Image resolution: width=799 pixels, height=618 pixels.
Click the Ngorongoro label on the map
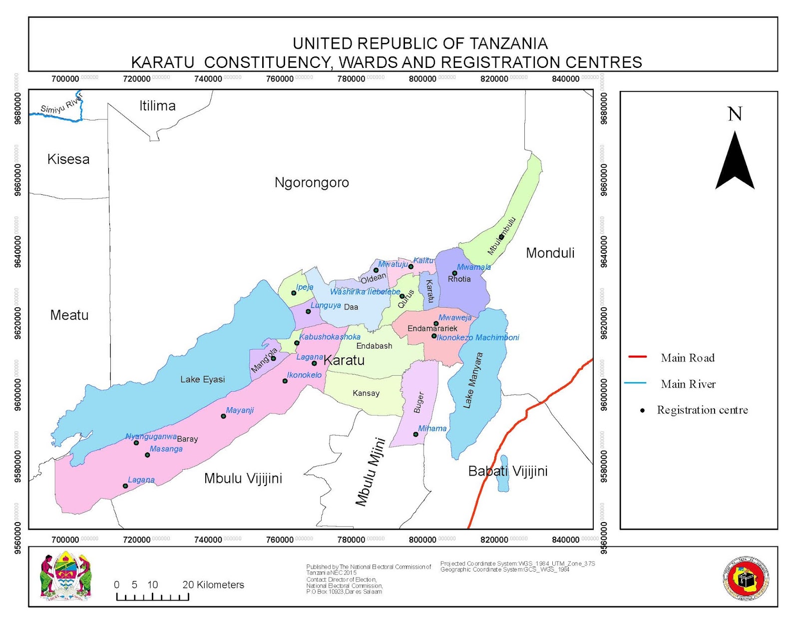click(x=312, y=183)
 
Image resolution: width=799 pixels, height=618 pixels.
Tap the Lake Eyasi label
click(x=202, y=380)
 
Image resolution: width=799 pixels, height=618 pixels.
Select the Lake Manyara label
click(x=473, y=381)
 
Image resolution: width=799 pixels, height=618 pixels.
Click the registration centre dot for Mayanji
click(x=223, y=416)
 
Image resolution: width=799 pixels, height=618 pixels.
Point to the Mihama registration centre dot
click(x=415, y=434)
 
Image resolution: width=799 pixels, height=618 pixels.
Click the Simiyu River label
click(x=61, y=104)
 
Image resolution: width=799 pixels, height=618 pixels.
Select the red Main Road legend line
click(x=637, y=357)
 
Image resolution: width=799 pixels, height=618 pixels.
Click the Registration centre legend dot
click(x=643, y=411)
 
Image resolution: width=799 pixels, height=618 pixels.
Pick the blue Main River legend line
click(x=635, y=383)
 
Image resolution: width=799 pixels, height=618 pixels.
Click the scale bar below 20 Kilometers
click(x=152, y=597)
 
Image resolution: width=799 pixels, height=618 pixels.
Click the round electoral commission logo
click(x=746, y=579)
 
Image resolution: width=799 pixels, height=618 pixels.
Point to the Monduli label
click(x=550, y=253)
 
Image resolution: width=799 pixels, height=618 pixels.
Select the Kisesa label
click(x=68, y=159)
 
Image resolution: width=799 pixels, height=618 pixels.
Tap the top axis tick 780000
click(x=351, y=79)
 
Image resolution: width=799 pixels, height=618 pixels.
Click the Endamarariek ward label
click(x=432, y=329)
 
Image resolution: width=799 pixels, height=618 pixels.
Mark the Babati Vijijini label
click(x=507, y=471)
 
